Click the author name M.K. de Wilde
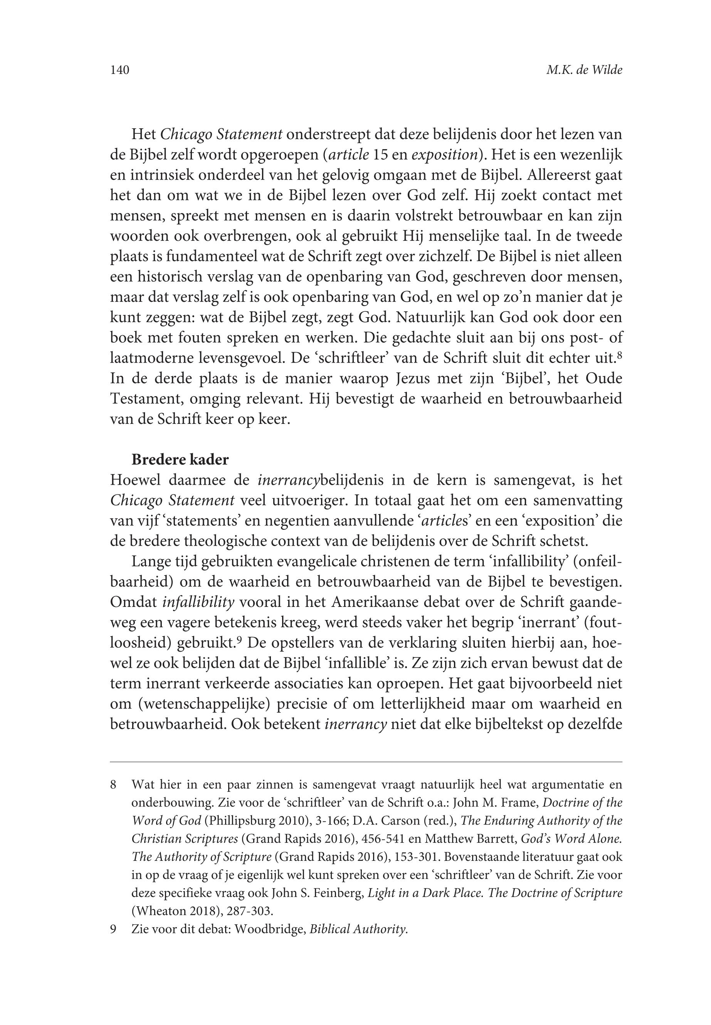(x=584, y=71)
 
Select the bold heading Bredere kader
(x=180, y=460)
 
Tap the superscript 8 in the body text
(x=619, y=356)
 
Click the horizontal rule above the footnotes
(x=366, y=762)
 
